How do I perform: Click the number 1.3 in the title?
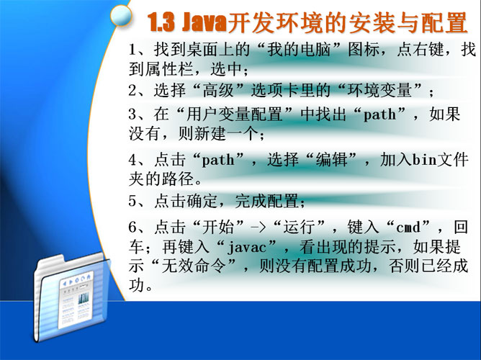tap(162, 23)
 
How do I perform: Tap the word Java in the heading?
tap(204, 23)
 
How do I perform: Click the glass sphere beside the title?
tap(121, 15)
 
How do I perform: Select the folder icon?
tap(73, 297)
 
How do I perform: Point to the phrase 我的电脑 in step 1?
tap(299, 50)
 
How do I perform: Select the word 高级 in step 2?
tap(218, 91)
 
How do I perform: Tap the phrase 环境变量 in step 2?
tap(379, 91)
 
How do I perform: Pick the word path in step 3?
tap(379, 115)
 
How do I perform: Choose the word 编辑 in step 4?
tap(331, 160)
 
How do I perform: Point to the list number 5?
tap(132, 202)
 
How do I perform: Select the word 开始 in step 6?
tap(218, 228)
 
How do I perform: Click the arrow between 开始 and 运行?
tap(259, 228)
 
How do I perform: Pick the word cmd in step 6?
tap(408, 228)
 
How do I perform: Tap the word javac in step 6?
tap(247, 248)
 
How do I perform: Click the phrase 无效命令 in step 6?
tap(194, 266)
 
